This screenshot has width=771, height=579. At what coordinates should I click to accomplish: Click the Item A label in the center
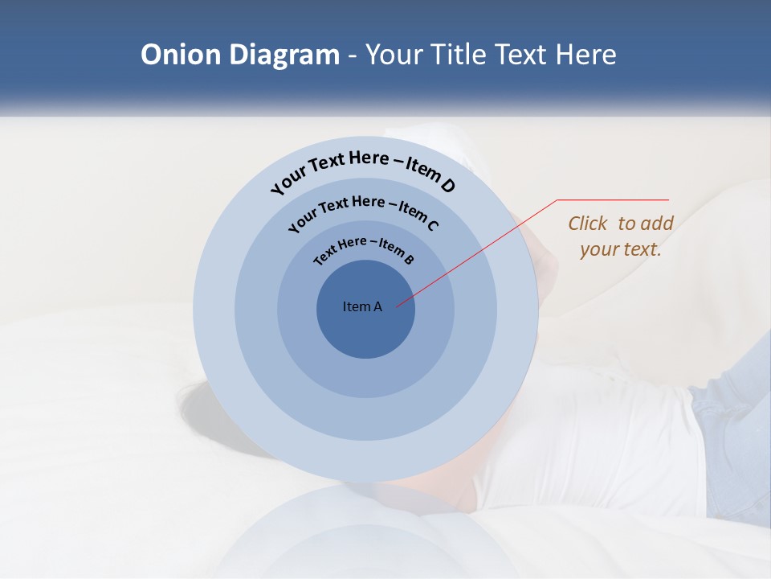point(362,306)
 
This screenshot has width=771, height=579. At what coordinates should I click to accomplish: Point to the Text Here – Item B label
point(364,248)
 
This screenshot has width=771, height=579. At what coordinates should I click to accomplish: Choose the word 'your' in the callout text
point(598,249)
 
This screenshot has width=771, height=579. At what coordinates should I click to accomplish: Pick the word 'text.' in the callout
point(642,249)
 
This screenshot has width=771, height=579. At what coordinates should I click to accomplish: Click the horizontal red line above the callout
point(613,199)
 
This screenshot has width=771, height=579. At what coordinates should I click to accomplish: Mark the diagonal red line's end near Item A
point(398,306)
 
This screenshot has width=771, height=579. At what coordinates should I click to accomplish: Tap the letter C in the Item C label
point(432,225)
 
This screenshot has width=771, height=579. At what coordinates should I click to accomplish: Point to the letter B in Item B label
point(409,259)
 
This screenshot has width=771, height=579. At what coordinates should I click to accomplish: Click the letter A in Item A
point(377,306)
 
